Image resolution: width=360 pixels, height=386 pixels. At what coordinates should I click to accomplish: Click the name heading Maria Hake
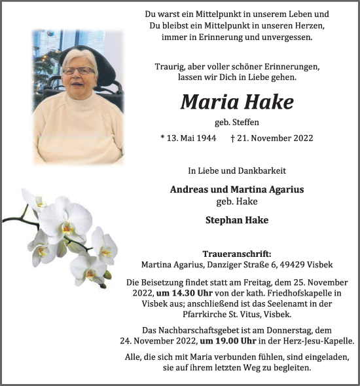[236, 102]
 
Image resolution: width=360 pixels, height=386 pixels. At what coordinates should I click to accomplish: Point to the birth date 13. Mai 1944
[189, 138]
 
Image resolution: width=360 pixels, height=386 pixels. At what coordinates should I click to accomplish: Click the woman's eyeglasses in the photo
[78, 70]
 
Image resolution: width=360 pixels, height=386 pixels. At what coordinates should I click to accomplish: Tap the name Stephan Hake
[236, 220]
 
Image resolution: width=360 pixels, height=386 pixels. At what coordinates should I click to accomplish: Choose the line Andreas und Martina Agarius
[236, 189]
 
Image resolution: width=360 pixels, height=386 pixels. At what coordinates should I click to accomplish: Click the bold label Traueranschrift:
[236, 254]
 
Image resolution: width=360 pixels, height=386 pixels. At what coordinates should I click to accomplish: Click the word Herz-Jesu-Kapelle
[318, 341]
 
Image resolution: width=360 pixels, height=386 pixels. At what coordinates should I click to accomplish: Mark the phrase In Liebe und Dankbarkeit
[236, 171]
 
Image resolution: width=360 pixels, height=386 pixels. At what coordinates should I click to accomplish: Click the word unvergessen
[286, 37]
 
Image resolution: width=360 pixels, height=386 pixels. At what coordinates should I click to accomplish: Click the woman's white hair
[79, 56]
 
